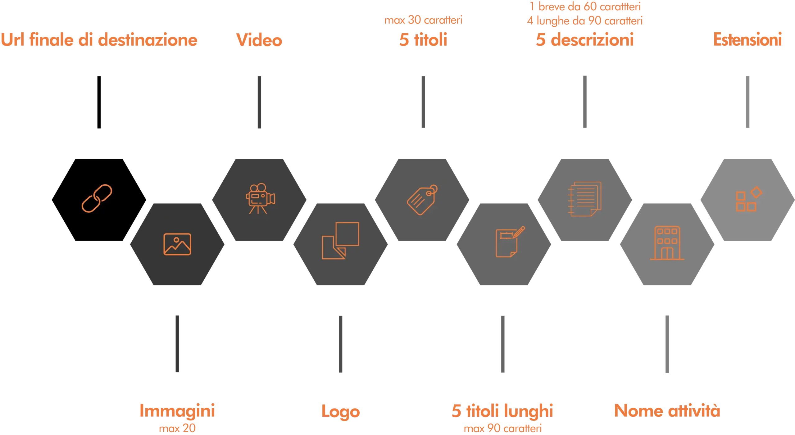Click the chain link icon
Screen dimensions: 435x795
[x=97, y=198]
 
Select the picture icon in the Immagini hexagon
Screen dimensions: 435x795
[x=177, y=244]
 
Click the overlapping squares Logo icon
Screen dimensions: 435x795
[x=340, y=241]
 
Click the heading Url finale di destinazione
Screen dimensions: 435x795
[x=99, y=40]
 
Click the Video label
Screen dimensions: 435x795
[x=259, y=40]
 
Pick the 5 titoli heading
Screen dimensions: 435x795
[x=423, y=40]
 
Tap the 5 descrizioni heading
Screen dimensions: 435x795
[x=584, y=40]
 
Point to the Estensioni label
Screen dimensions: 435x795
[x=747, y=39]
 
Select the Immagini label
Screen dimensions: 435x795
[x=177, y=410]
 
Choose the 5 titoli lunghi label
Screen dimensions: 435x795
[x=502, y=411]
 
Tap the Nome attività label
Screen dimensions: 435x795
[x=667, y=410]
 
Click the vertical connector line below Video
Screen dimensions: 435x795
[x=260, y=102]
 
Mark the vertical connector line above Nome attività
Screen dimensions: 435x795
[x=667, y=344]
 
